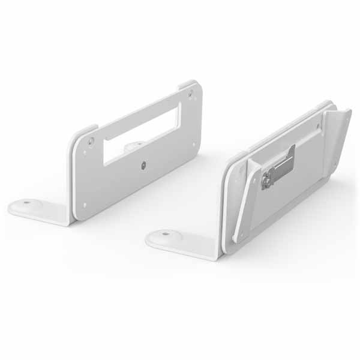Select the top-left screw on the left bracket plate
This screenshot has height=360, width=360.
click(x=91, y=142)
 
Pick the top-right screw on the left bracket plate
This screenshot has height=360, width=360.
click(x=191, y=94)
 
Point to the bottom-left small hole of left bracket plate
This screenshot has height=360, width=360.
click(x=85, y=204)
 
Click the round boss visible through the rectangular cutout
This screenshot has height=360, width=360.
click(x=134, y=145)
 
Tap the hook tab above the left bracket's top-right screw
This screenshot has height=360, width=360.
click(x=187, y=84)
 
